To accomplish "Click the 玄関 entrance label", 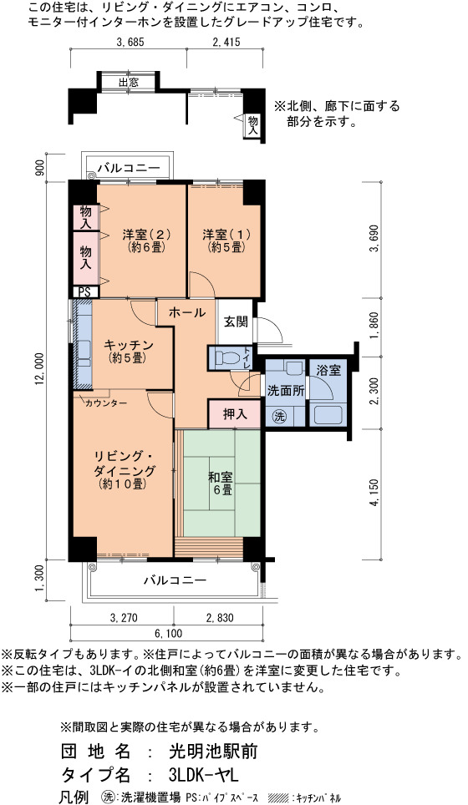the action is coord(236,321).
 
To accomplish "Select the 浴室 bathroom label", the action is coord(328,370).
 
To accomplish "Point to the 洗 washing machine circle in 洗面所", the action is coord(279,417).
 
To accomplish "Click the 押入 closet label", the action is coord(236,414).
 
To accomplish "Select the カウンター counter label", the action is coord(106,403).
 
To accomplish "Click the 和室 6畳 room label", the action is coord(220,484).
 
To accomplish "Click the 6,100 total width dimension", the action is coord(167,634).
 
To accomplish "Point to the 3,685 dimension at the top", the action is coord(129,42).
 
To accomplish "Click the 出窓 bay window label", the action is coord(129,82).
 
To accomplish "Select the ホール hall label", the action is coord(187,312).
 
